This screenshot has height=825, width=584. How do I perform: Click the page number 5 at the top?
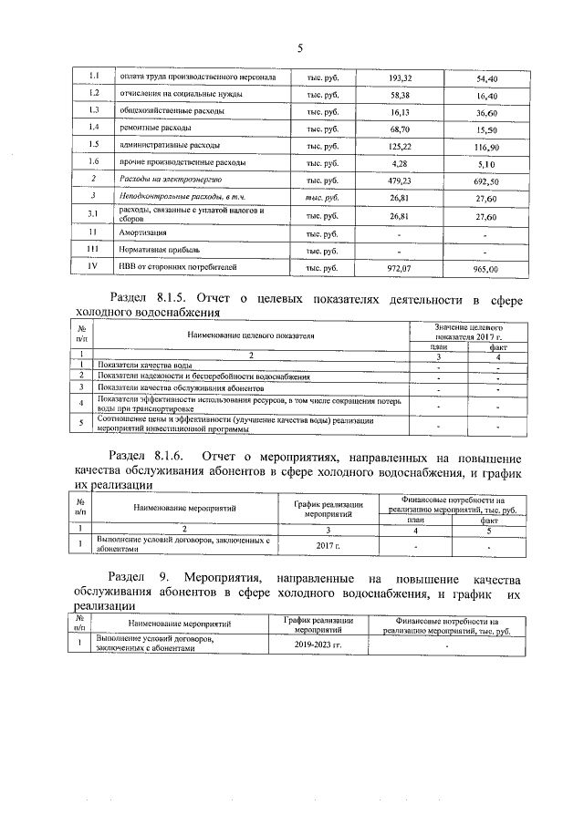coord(298,48)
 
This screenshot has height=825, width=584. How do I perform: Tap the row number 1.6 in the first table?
coord(93,164)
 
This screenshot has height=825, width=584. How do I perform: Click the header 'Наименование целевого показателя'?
coord(251,335)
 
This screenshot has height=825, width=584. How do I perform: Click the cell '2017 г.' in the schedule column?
coord(322,545)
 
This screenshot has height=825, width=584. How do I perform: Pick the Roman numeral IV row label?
coord(92,268)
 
